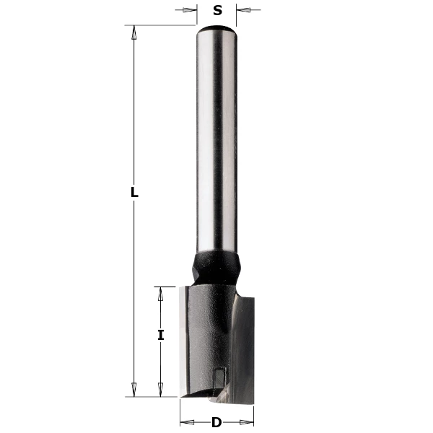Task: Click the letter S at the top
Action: tap(217, 11)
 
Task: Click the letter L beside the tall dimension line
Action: tap(134, 193)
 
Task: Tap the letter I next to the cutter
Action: tap(161, 335)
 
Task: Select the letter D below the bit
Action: tap(216, 422)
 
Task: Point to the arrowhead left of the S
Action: tap(191, 10)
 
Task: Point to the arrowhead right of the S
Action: tap(244, 10)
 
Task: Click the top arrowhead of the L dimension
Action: tap(134, 31)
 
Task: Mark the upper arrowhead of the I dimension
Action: tap(161, 292)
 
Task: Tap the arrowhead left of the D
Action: tap(185, 422)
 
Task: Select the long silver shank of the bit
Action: tap(217, 144)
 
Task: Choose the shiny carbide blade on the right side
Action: tap(244, 346)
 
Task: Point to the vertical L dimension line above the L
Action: tap(134, 108)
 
